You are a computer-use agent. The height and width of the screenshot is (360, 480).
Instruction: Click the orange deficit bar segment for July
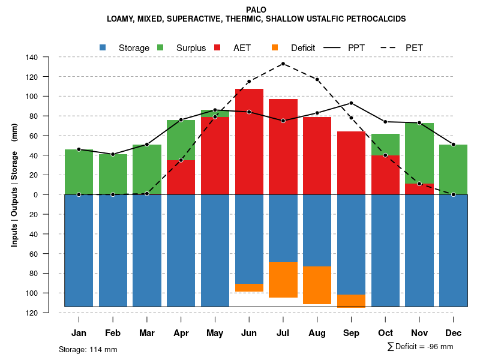point(283,280)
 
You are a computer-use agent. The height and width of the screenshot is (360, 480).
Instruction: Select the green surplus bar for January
point(79,172)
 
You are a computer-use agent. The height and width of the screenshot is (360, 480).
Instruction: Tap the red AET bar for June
point(249,142)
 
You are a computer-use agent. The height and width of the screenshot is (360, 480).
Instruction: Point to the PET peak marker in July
point(283,64)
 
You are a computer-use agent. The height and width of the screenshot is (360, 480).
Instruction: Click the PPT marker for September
point(351,103)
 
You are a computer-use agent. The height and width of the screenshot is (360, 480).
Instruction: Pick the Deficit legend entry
point(294,48)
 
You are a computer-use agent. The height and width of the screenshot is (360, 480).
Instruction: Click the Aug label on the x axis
point(317,333)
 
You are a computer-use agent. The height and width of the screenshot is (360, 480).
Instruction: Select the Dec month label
point(454,333)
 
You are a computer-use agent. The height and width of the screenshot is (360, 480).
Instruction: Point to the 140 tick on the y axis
point(32,58)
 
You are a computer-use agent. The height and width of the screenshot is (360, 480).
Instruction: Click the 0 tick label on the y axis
point(35,195)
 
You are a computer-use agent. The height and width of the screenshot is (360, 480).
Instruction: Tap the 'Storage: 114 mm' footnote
point(88,349)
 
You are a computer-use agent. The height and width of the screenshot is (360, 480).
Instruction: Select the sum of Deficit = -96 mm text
point(420,347)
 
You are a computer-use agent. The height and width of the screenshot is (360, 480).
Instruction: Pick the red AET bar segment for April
point(181,177)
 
